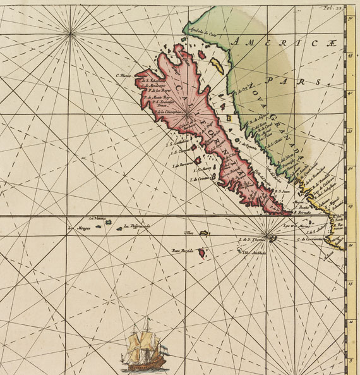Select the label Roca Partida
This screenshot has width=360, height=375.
pyautogui.click(x=182, y=250)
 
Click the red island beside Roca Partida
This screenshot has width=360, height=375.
pyautogui.click(x=201, y=252)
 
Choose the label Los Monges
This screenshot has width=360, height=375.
pyautogui.click(x=80, y=228)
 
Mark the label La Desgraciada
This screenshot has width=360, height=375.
pyautogui.click(x=136, y=226)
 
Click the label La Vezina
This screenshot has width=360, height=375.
pyautogui.click(x=95, y=218)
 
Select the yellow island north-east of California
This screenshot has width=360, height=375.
pyautogui.click(x=217, y=65)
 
